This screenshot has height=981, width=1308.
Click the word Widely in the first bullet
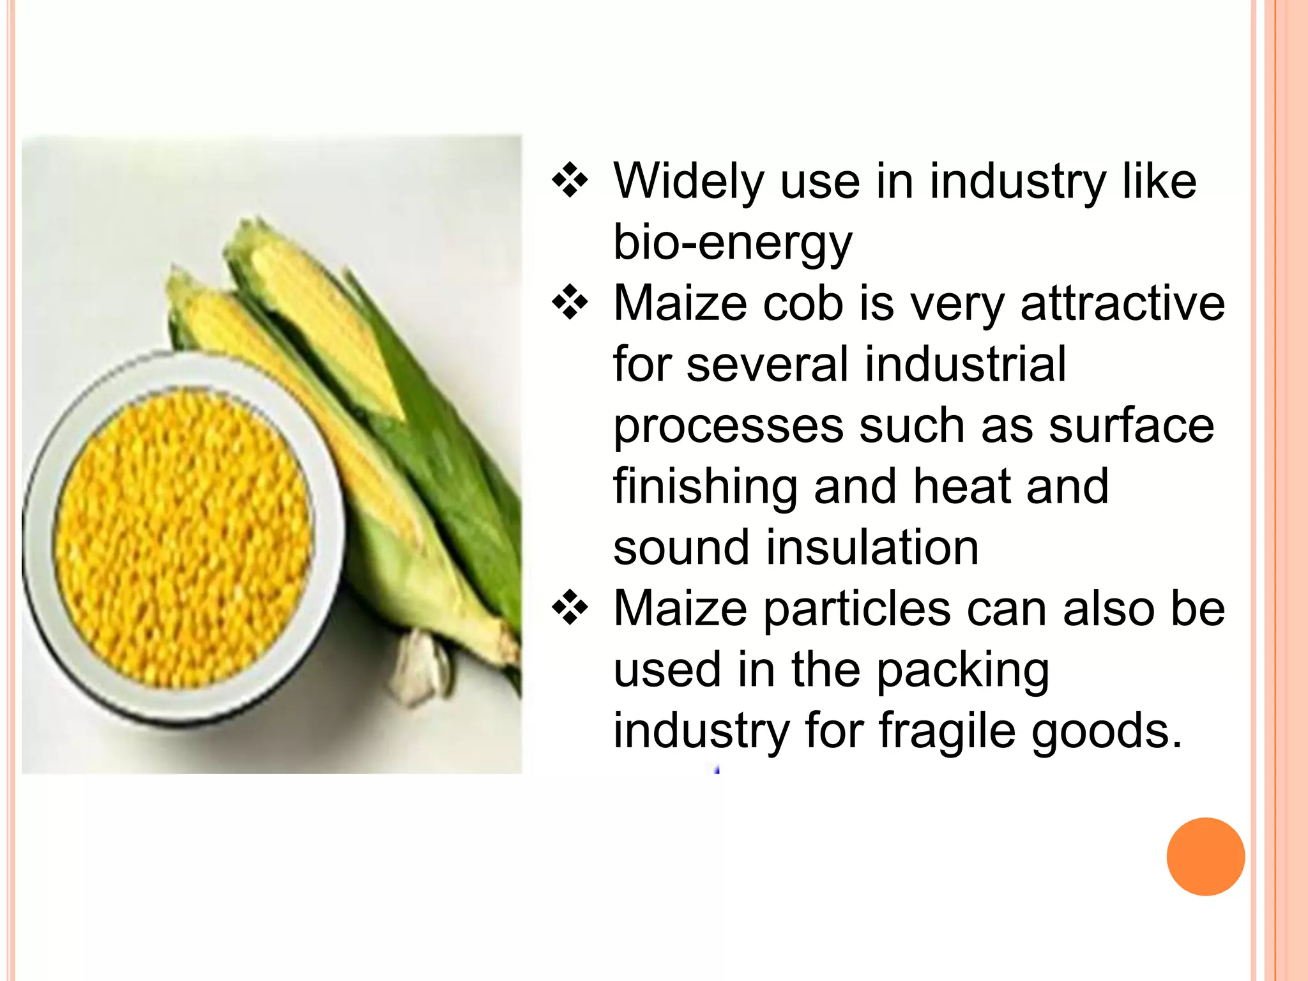tap(688, 182)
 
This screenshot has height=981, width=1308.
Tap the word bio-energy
tap(732, 243)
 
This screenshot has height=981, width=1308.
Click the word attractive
tap(1122, 303)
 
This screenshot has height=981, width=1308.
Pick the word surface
tap(1131, 426)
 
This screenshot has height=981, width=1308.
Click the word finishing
tap(704, 487)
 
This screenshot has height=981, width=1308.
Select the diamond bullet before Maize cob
tap(570, 303)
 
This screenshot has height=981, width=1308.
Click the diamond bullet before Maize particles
tap(570, 609)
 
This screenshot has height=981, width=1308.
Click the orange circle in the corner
tap(1205, 856)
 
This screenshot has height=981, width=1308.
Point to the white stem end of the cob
tap(418, 667)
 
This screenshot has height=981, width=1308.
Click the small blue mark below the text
tap(717, 770)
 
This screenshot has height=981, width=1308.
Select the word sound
tap(681, 548)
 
